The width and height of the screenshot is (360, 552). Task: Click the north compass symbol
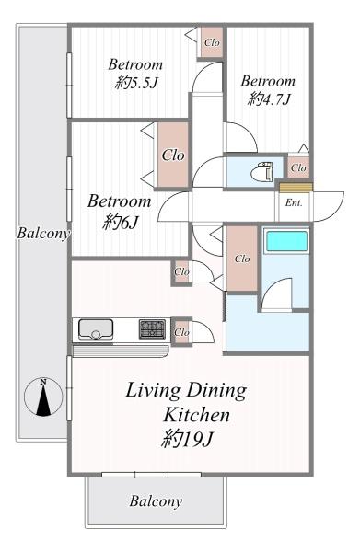[x=43, y=397]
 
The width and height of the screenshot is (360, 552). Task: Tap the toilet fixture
[x=262, y=171]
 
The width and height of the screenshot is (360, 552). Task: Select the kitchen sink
[x=96, y=329]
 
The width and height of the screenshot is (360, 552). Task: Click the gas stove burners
[x=152, y=329]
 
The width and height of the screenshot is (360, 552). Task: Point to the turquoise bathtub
[x=286, y=241]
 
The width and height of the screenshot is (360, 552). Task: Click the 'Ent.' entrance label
[x=294, y=202]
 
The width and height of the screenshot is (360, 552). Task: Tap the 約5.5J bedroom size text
[x=136, y=84]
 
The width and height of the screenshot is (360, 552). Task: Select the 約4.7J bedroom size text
[x=269, y=99]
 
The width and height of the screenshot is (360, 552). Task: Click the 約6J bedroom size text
[x=121, y=222]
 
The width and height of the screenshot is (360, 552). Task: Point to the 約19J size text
[x=187, y=439]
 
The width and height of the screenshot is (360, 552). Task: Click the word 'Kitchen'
[x=196, y=415]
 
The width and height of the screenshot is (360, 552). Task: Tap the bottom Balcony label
[x=156, y=501]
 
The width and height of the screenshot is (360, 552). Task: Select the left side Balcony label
[x=43, y=233]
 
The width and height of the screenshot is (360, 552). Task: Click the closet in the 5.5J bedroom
[x=212, y=42]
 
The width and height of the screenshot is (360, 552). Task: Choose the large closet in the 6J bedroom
[x=173, y=155]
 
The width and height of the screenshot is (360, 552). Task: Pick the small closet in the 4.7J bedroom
[x=298, y=168]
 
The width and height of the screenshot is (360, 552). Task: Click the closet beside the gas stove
[x=181, y=332]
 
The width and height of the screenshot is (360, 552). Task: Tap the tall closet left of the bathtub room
[x=242, y=259]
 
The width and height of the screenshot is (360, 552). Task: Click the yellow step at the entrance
[x=296, y=188]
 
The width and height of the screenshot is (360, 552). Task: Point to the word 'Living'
[x=153, y=391]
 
